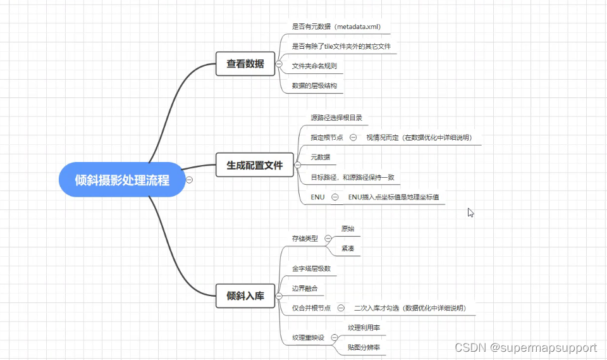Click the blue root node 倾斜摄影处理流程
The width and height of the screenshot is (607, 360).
tap(122, 180)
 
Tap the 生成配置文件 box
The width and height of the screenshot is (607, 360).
tap(254, 165)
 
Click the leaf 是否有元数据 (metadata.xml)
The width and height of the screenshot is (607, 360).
tap(336, 27)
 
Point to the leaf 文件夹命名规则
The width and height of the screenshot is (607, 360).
tap(314, 66)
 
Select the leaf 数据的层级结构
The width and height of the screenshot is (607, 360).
tap(314, 85)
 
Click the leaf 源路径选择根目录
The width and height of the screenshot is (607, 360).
tap(336, 118)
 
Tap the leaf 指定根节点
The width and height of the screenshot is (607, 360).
tap(327, 137)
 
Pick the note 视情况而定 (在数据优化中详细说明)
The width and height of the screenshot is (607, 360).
tap(419, 137)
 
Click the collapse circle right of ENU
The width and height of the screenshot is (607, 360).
tap(335, 197)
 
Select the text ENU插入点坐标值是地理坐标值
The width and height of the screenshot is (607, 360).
tap(393, 197)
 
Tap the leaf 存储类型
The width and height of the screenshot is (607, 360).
tap(305, 239)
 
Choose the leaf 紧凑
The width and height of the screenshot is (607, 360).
tap(348, 249)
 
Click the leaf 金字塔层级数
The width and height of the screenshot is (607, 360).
tap(311, 268)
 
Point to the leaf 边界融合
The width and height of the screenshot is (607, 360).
tap(305, 289)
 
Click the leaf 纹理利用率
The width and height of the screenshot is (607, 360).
tap(364, 328)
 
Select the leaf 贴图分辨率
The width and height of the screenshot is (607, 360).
tap(364, 347)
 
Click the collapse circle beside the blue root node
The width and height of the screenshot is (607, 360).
tap(189, 180)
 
